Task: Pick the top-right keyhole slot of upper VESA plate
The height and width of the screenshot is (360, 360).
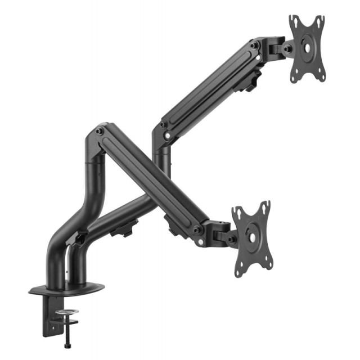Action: click(321, 20)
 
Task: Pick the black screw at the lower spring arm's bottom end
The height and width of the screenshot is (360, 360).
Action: click(196, 229)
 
